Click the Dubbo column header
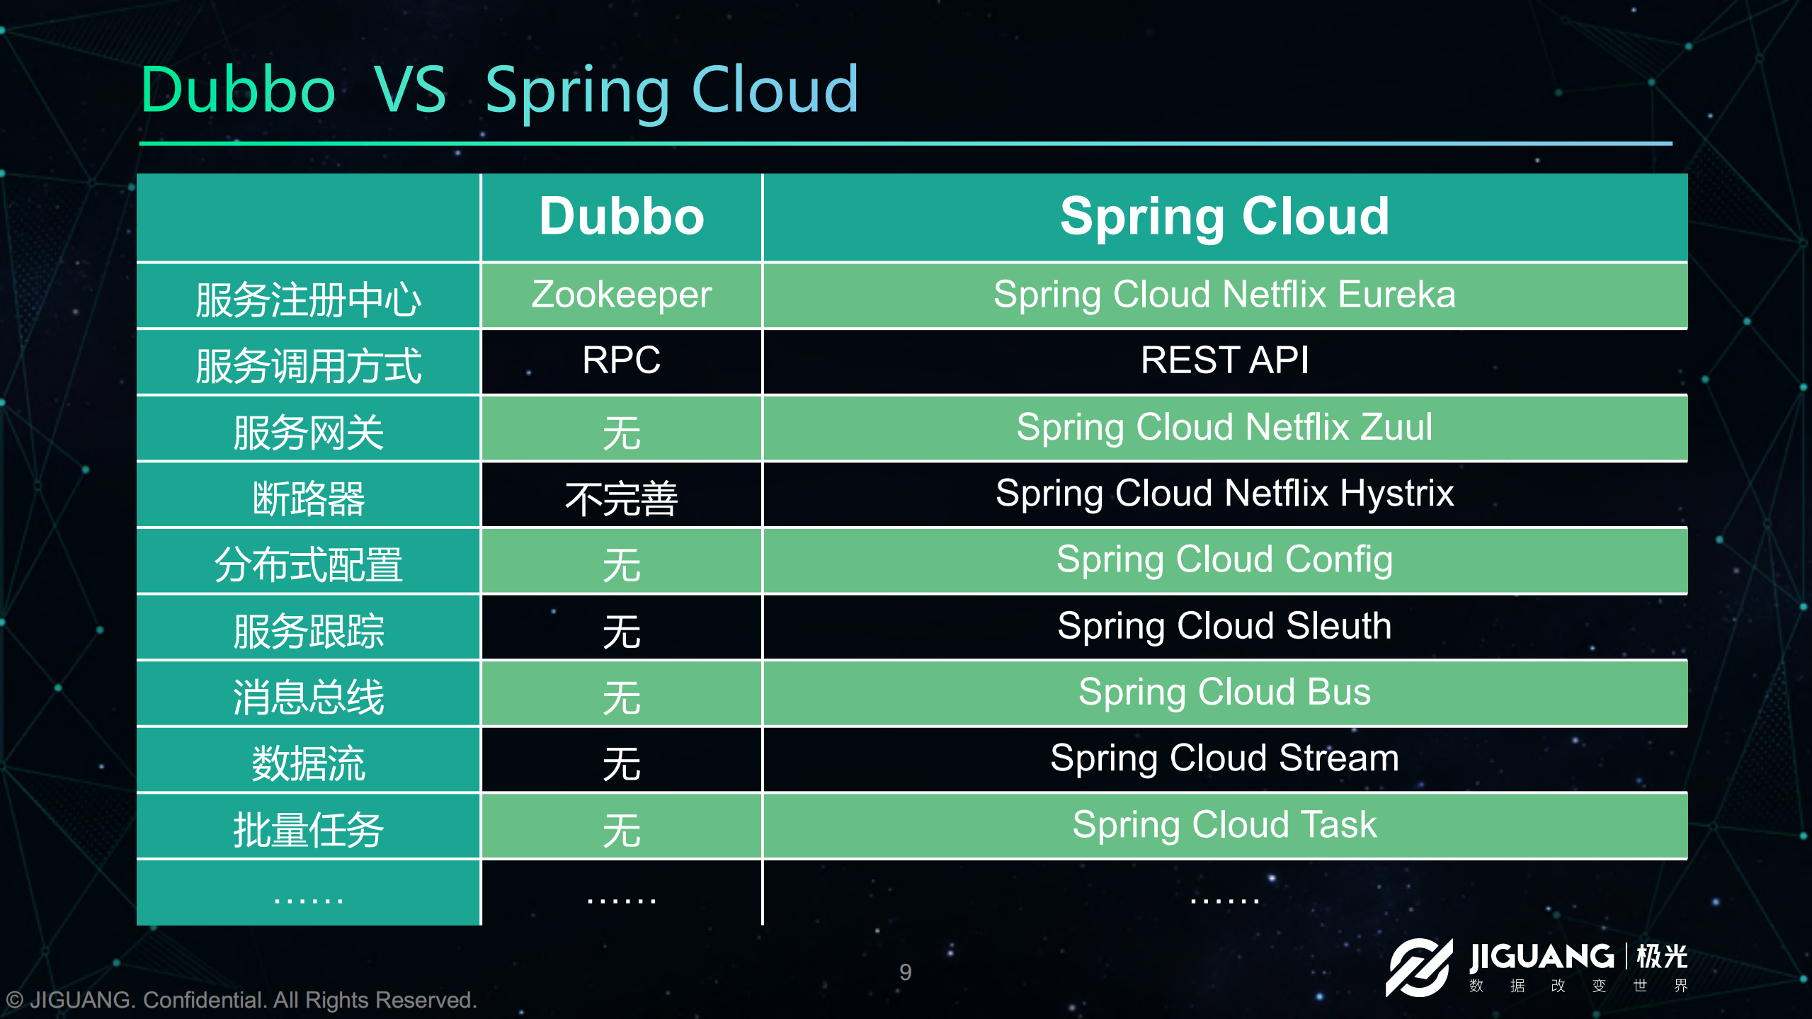[x=622, y=216]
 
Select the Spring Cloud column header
[x=1224, y=217]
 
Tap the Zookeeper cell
[x=622, y=295]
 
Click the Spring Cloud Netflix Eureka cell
[x=1224, y=295]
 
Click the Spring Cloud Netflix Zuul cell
[x=1224, y=427]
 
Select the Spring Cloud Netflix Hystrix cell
[x=1224, y=494]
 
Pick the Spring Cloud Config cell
[x=1224, y=560]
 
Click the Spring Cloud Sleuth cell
[x=1224, y=626]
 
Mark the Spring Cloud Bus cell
[x=1224, y=692]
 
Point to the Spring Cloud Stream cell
[x=1224, y=758]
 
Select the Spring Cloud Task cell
[x=1224, y=825]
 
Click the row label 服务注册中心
[x=309, y=300]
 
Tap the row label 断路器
[x=309, y=499]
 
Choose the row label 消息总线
[x=309, y=698]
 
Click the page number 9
[x=906, y=972]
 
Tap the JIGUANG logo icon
[x=1418, y=967]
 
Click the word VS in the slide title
[x=411, y=90]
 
